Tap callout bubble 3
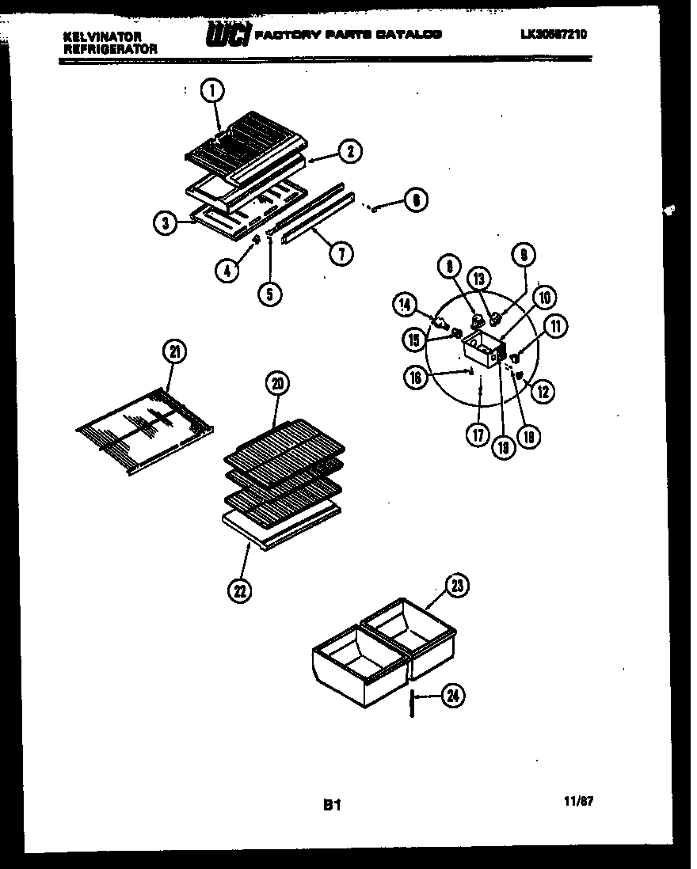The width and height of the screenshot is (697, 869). click(165, 224)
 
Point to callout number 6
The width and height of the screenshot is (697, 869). click(415, 200)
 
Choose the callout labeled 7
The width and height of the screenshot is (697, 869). click(341, 252)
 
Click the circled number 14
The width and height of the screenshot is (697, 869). click(405, 303)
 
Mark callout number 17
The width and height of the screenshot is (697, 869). click(477, 435)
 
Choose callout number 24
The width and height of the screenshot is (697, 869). click(453, 696)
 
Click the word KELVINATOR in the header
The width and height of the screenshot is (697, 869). click(102, 36)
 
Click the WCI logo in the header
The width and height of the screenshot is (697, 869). click(228, 36)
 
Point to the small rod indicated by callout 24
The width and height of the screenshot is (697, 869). click(413, 703)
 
